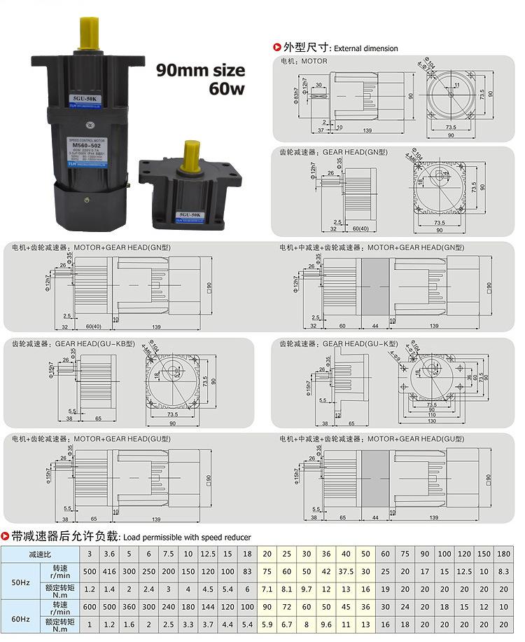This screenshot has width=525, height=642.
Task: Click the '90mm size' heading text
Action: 200,70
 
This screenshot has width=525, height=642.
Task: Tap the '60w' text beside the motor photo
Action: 226,89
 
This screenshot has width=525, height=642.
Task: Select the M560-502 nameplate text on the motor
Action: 88,145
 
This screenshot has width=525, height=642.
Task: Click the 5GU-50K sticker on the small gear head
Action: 190,213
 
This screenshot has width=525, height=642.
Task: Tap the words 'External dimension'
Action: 365,48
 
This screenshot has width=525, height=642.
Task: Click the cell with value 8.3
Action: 504,571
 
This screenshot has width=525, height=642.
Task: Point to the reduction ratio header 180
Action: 504,554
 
